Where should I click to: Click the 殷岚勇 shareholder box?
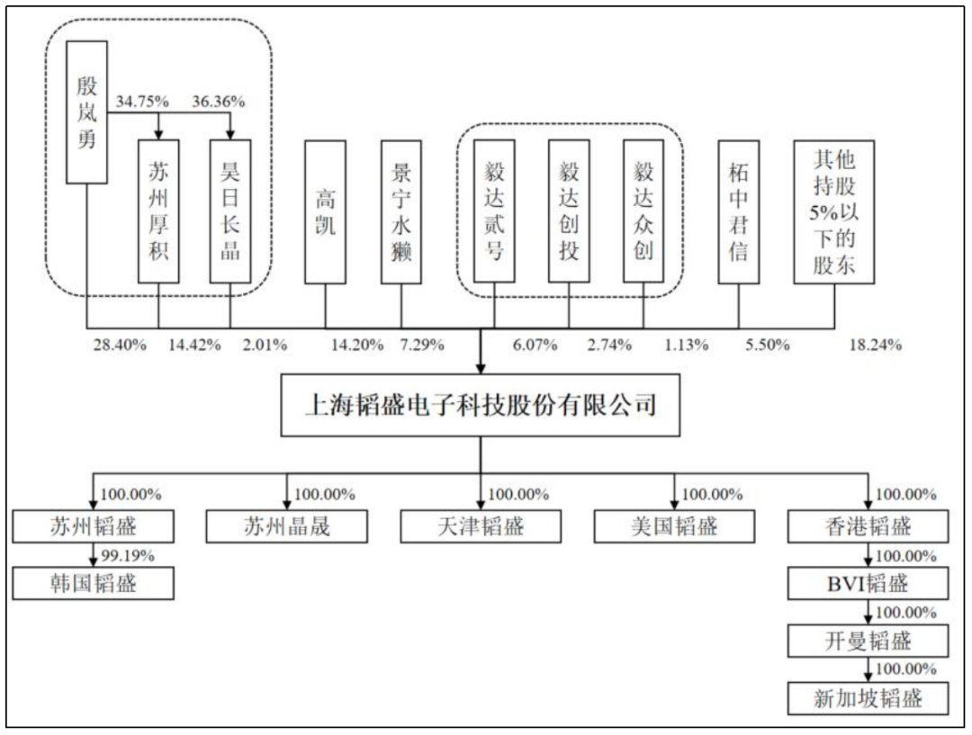[86, 112]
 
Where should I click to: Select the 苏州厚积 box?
[158, 211]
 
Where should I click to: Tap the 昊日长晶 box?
[230, 211]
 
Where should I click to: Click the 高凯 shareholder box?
[326, 212]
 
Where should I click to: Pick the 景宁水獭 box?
[401, 212]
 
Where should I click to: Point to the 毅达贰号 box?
[494, 211]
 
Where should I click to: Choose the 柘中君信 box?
[738, 212]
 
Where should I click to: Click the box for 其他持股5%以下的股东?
[834, 212]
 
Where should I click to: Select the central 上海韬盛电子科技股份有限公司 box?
[481, 406]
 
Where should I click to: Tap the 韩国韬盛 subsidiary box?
[93, 583]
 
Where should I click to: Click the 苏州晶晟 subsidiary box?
[287, 527]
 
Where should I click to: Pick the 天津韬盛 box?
[481, 527]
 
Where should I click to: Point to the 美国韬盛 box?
[674, 527]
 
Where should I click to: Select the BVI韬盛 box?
[868, 583]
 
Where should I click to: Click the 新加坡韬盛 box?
[868, 698]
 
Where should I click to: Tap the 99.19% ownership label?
[128, 555]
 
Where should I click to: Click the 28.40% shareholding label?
[120, 345]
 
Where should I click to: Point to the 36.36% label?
[218, 101]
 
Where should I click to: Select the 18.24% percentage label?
[876, 345]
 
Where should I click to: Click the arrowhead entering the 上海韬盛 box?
[481, 369]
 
